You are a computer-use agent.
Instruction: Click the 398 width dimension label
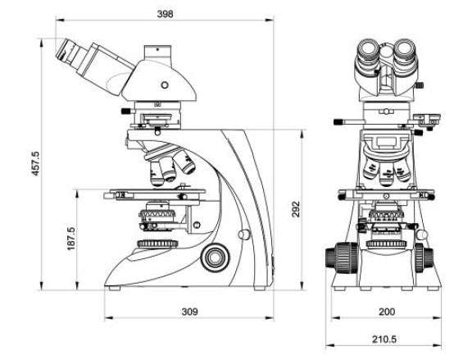(x=165, y=14)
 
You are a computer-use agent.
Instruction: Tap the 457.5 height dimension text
(x=35, y=164)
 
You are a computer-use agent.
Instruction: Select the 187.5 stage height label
(x=71, y=239)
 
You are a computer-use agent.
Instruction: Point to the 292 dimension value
(x=296, y=209)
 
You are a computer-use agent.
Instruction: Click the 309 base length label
(x=189, y=312)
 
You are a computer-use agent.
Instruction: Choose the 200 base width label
(x=387, y=312)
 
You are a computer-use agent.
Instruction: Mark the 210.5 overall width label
(x=384, y=339)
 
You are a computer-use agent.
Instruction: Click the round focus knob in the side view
(x=215, y=257)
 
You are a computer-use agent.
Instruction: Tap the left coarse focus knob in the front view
(x=342, y=257)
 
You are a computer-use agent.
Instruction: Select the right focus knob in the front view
(x=424, y=257)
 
